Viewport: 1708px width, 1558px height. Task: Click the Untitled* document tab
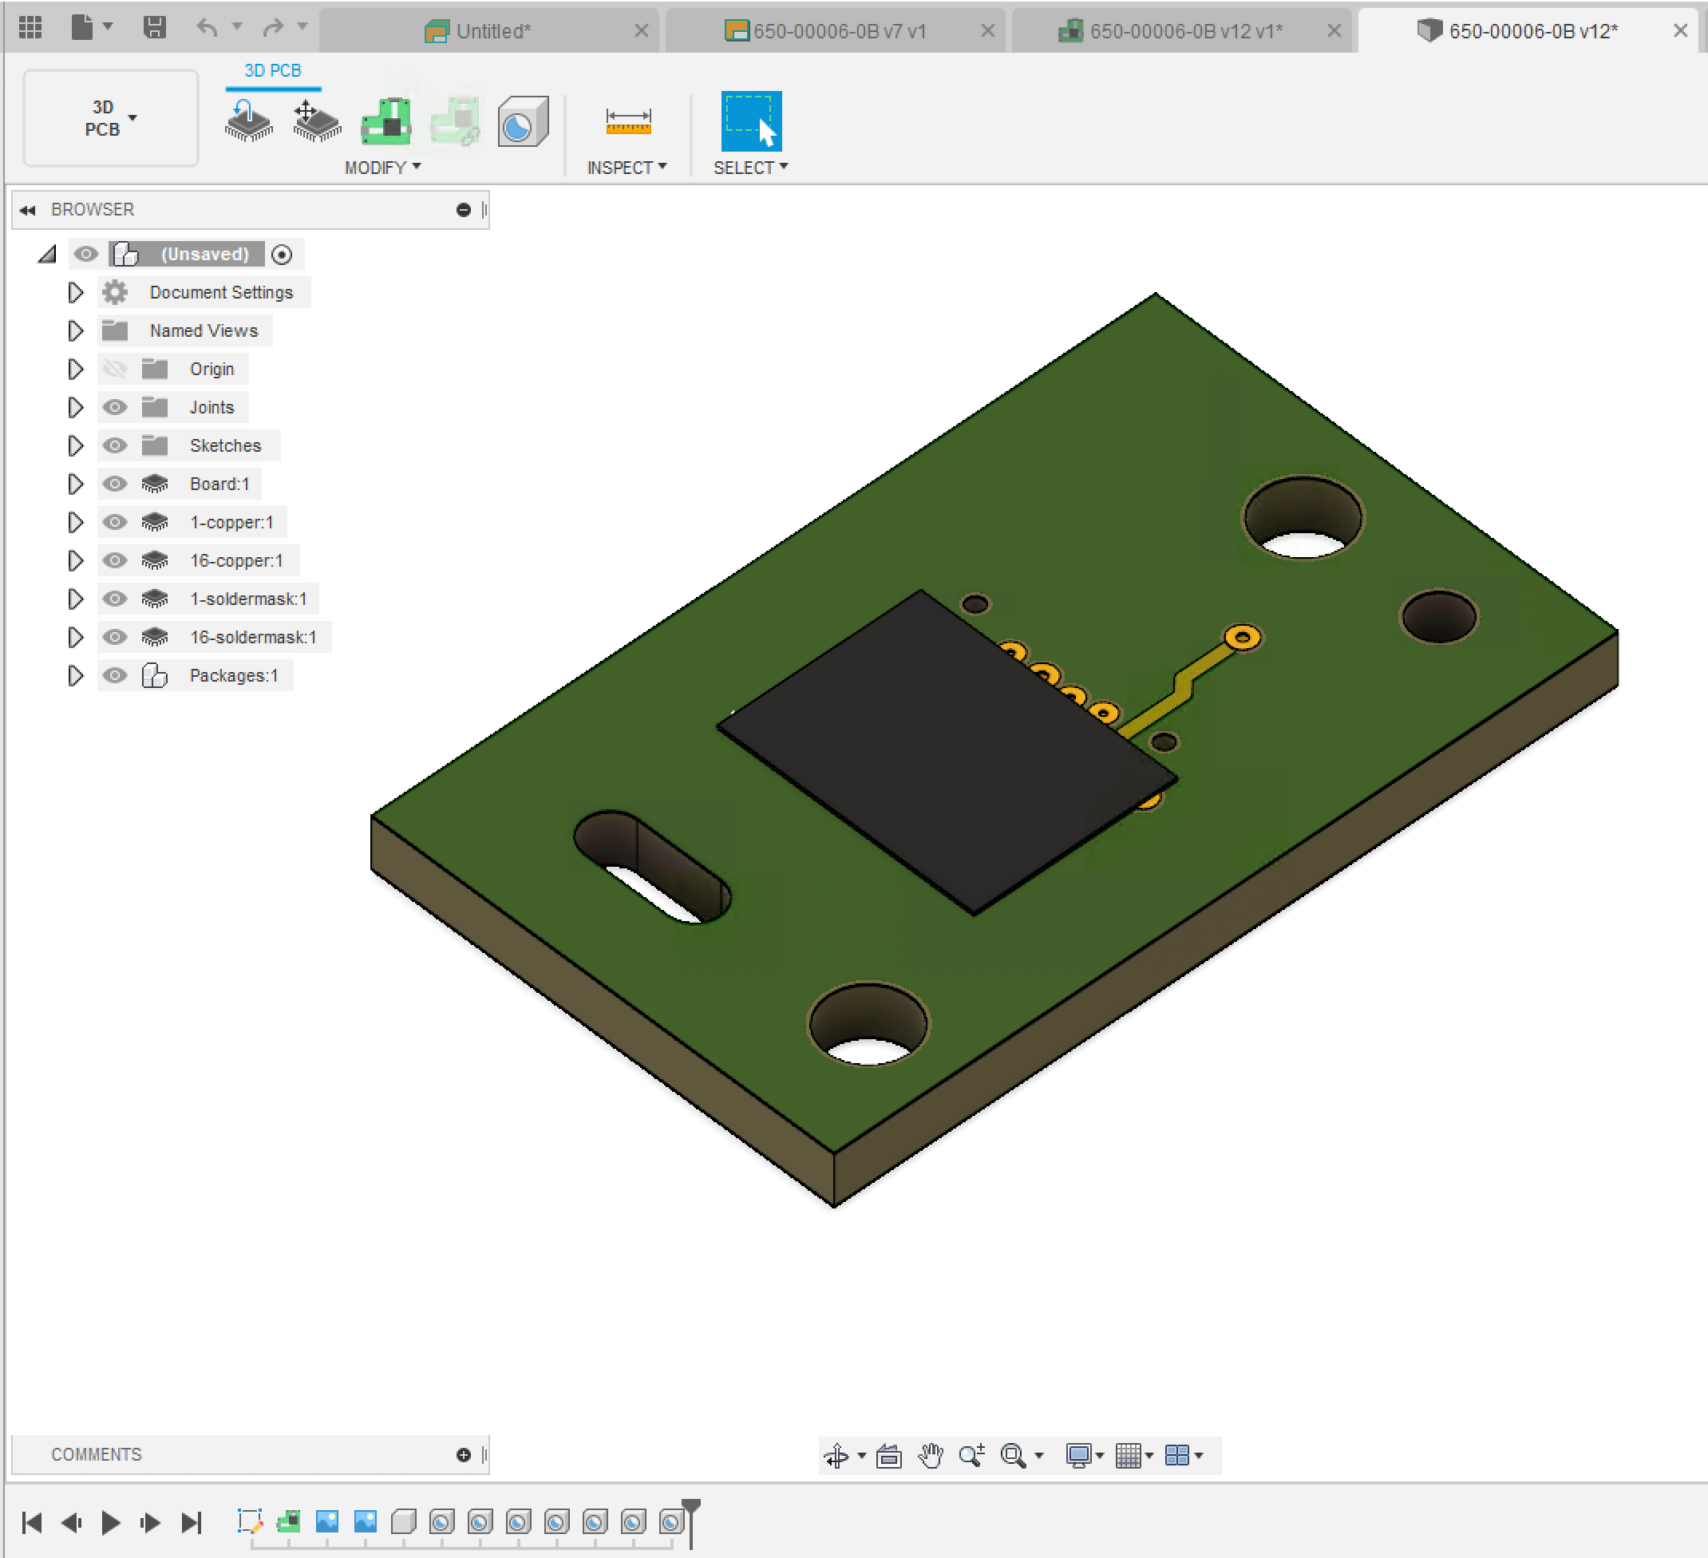coord(492,31)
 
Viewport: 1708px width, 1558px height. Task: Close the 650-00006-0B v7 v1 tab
coord(987,31)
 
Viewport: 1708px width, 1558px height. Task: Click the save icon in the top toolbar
coord(154,28)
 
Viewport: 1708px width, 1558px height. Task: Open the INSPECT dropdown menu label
coord(626,168)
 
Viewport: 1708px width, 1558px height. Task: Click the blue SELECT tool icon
coord(750,121)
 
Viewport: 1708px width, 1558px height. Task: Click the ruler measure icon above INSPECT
coord(628,121)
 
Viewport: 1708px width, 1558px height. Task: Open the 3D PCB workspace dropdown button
coord(110,118)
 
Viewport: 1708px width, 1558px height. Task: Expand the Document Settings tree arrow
coord(75,292)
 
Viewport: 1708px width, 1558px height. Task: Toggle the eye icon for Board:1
coord(114,484)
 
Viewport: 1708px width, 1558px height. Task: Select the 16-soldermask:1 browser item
coord(252,637)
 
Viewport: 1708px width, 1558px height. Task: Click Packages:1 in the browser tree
coord(233,675)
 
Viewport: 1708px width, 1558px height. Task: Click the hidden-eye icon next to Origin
coord(114,369)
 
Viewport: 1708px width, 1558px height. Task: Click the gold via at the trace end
coord(1242,637)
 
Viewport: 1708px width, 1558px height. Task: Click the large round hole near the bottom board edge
coord(868,1023)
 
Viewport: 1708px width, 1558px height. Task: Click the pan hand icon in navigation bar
coord(931,1456)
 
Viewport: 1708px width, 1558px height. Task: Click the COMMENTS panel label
coord(97,1455)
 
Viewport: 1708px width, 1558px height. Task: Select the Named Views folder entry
coord(204,330)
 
